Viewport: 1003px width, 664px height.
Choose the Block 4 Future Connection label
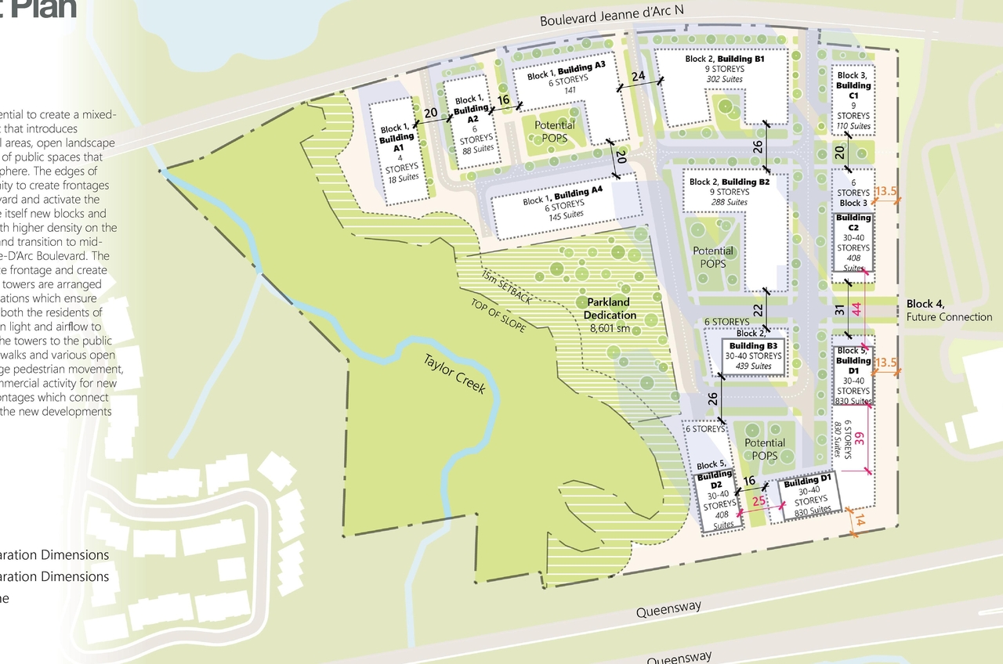point(949,311)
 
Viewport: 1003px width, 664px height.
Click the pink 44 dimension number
point(856,309)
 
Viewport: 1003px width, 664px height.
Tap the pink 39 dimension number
point(859,438)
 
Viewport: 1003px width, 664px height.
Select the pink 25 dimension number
point(758,501)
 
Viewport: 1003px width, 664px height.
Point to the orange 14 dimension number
point(858,521)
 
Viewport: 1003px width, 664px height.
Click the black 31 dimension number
point(840,310)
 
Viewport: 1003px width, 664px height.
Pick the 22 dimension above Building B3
point(758,311)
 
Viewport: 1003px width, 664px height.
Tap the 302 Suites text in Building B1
point(724,79)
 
